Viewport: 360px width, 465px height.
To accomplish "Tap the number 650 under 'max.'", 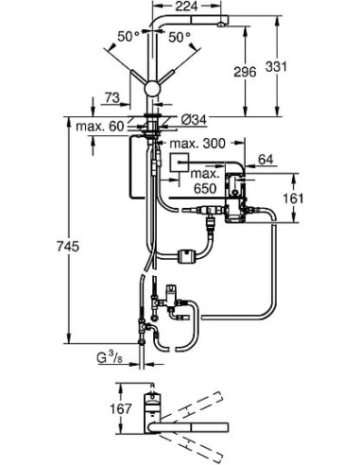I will [x=200, y=188].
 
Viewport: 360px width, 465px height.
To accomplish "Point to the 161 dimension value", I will [x=296, y=198].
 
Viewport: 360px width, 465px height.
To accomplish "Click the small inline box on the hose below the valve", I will [x=186, y=254].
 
